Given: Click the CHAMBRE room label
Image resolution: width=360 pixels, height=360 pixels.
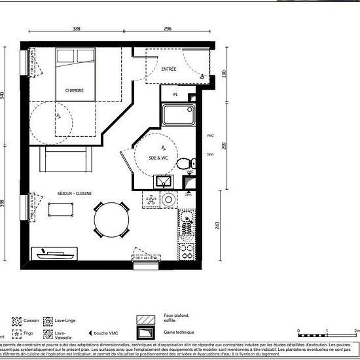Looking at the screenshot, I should (74, 90).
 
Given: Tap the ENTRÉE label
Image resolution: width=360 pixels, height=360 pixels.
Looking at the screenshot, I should (169, 69).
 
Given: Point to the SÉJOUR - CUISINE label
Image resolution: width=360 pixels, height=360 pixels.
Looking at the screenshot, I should (75, 193).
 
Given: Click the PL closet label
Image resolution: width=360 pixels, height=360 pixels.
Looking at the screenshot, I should (175, 95).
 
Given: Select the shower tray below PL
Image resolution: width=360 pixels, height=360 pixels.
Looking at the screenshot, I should (178, 116).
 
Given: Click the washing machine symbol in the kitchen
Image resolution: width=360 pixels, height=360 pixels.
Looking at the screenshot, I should (170, 200).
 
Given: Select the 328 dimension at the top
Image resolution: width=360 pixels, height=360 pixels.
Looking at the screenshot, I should (77, 29).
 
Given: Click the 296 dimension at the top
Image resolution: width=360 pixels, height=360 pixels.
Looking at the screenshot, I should (167, 29).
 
